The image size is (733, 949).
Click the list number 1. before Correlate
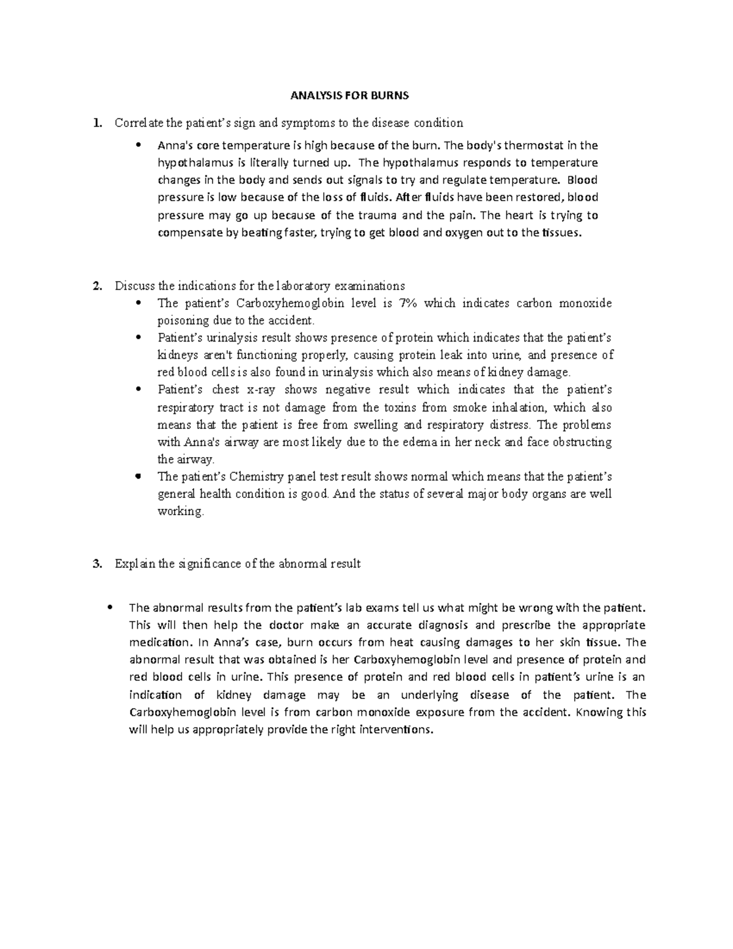96,123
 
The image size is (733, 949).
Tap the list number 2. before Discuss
96,286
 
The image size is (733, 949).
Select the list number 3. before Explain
96,564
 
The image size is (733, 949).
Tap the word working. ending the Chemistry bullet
180,511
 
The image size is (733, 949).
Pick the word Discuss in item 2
135,286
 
